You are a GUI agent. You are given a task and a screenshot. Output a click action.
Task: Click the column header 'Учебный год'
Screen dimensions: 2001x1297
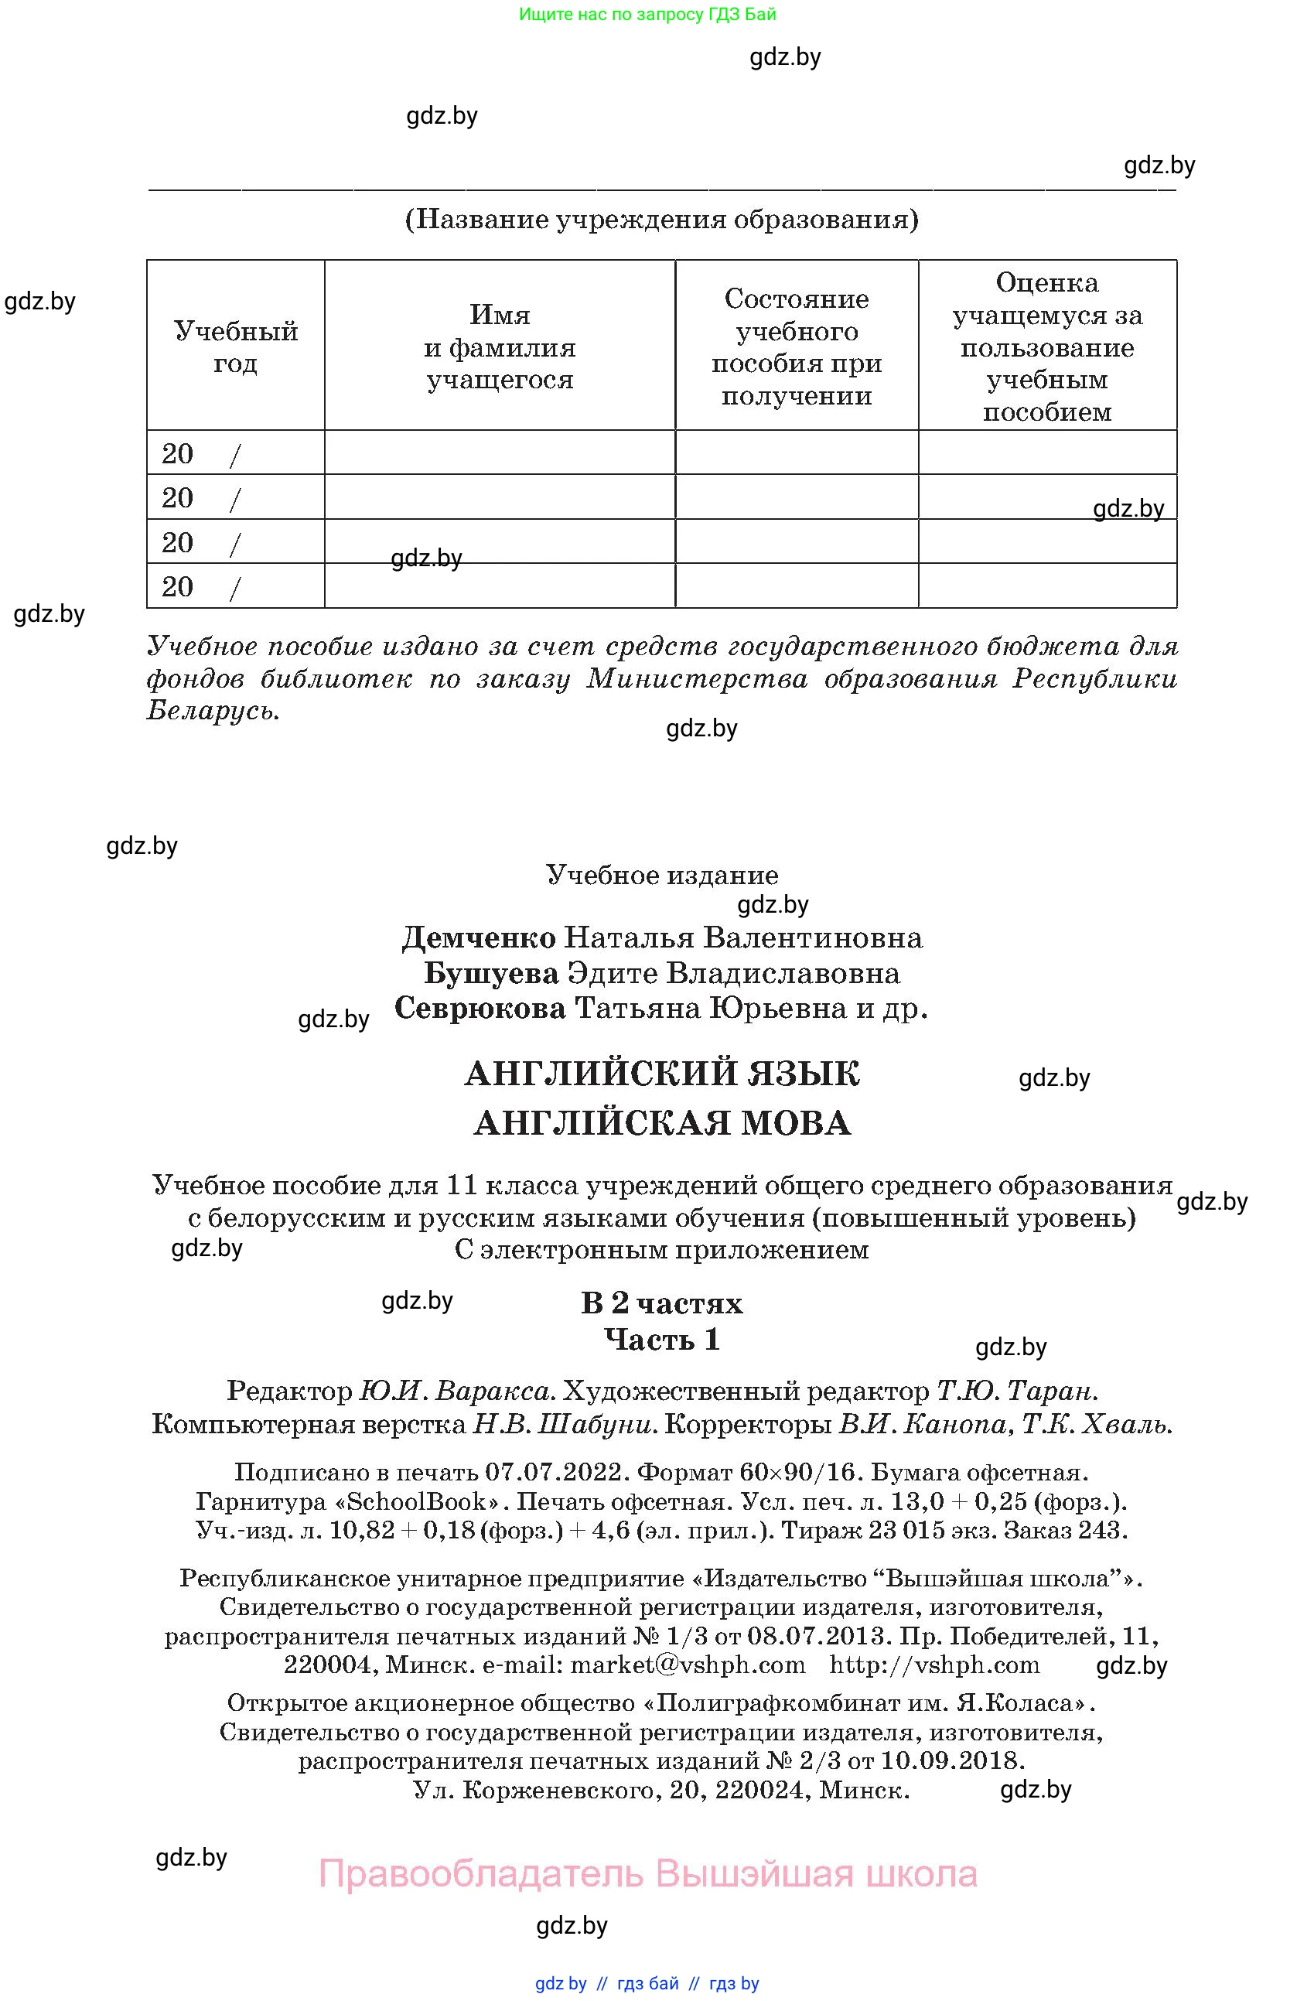tap(235, 347)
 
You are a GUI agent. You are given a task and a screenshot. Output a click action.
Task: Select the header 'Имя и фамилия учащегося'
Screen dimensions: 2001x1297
tap(500, 347)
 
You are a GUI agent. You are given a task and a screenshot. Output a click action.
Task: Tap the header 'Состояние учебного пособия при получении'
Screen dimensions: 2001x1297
tap(796, 347)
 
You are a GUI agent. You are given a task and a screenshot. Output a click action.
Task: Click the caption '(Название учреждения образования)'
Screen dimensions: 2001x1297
tap(661, 220)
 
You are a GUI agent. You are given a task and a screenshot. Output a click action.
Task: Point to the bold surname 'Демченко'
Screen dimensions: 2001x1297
tap(478, 937)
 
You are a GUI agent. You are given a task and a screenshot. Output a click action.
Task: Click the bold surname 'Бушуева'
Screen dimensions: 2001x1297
tap(491, 973)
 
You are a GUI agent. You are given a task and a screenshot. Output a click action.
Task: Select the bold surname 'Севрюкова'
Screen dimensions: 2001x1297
tap(480, 1008)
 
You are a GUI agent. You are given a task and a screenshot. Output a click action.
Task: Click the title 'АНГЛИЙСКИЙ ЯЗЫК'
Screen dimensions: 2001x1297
tap(661, 1074)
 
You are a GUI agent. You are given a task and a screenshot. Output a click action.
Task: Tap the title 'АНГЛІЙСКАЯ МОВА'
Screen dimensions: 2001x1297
tap(661, 1122)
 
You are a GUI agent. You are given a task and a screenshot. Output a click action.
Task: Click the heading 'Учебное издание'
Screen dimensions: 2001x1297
tap(661, 876)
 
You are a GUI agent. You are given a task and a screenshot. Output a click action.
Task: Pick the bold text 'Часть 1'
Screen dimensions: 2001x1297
tap(661, 1340)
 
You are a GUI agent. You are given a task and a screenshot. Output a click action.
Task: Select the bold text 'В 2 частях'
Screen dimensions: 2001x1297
tap(661, 1303)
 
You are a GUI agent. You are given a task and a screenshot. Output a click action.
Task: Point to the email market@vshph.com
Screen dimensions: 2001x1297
tap(687, 1665)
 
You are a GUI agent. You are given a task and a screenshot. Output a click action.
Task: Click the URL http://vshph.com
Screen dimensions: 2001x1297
tap(933, 1665)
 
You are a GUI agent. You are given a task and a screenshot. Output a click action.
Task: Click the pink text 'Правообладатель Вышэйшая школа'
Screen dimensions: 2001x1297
tap(647, 1874)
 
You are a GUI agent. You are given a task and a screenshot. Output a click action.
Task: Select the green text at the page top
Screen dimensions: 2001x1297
tap(647, 14)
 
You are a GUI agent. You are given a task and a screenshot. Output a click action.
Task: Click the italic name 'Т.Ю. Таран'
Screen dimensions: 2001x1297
tap(1016, 1391)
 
